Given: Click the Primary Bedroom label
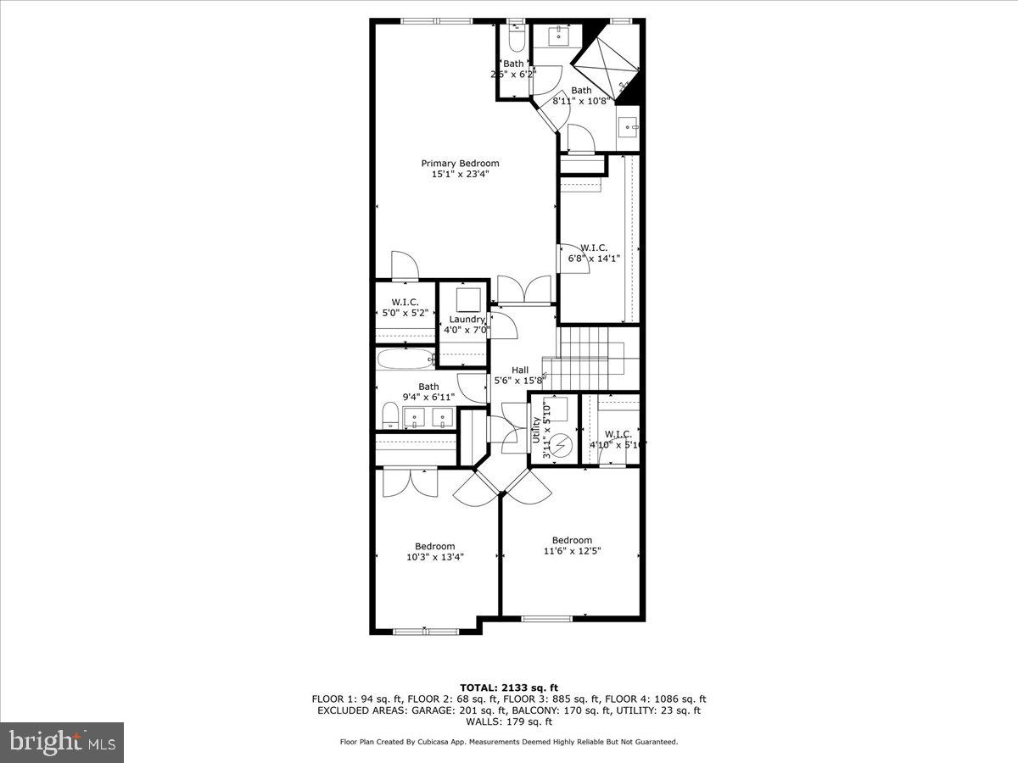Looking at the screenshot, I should pos(460,163).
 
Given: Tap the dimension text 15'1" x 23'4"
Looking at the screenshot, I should pos(460,174).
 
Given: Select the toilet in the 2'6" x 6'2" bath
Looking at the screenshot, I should pos(514,39).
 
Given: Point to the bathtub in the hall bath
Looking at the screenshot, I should pos(406,359).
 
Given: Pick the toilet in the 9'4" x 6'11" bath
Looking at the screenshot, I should pos(389,416).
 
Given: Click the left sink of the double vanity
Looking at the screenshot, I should pos(414,416).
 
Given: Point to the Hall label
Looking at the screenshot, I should pos(520,370).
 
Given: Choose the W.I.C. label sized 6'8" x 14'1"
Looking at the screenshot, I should pos(593,248).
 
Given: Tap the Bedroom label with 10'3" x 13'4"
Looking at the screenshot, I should pos(434,546).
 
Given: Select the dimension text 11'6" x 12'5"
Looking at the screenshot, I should pos(572,551).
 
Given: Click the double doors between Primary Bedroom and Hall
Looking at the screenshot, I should pos(526,291).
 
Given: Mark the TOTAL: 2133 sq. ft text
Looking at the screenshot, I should pos(509,688).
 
